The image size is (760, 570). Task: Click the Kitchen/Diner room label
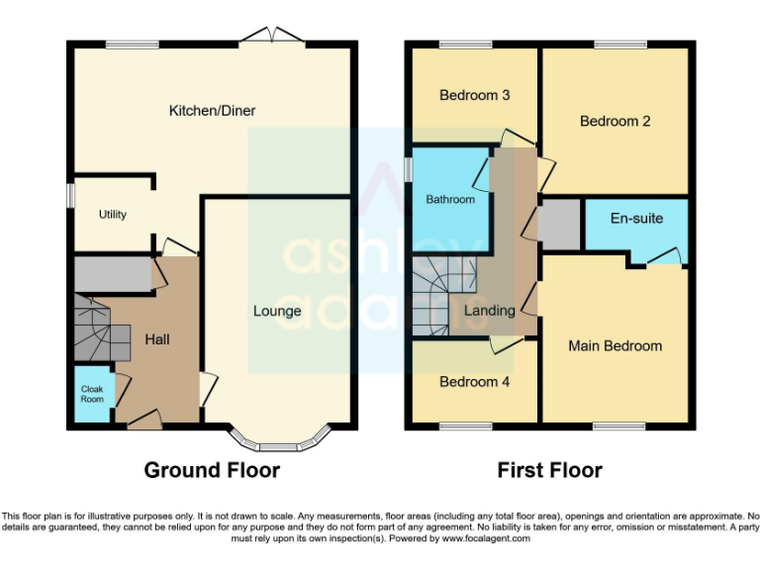(212, 111)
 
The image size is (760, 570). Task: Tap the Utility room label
(112, 215)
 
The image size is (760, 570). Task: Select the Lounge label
(277, 311)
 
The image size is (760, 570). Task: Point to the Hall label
(157, 339)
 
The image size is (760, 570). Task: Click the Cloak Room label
(92, 395)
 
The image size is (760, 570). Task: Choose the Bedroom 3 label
(474, 96)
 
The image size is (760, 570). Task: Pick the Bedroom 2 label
(615, 122)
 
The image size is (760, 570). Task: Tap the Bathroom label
(450, 200)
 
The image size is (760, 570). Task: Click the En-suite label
(636, 218)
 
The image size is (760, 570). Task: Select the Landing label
(491, 311)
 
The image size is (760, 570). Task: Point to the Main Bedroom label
(615, 346)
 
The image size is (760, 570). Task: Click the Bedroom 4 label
(474, 382)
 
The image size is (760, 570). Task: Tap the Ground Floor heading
(212, 470)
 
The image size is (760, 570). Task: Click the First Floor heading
(549, 470)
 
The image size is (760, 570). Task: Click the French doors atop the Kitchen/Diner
(274, 37)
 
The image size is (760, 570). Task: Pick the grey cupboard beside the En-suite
(559, 224)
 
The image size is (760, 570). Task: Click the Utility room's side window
(69, 193)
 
